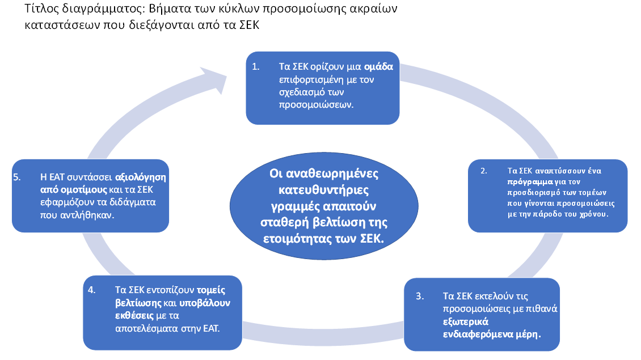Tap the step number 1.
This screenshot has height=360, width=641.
(x=255, y=66)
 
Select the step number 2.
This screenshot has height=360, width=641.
(x=484, y=171)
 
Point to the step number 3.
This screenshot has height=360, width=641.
(x=420, y=297)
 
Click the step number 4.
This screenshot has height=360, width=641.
(x=91, y=290)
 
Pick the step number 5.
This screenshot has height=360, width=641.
(x=17, y=177)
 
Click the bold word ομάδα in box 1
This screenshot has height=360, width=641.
(x=378, y=66)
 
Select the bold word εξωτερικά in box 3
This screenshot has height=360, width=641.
(x=466, y=322)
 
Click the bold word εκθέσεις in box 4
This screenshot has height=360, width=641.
(x=134, y=316)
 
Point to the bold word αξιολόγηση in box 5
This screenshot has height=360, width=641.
(x=141, y=177)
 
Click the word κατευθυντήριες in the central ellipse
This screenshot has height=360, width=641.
(x=324, y=190)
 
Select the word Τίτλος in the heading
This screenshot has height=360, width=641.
(x=42, y=9)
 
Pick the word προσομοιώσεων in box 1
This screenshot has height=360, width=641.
(x=317, y=105)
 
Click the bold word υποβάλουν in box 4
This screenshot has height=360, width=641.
(x=205, y=303)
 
